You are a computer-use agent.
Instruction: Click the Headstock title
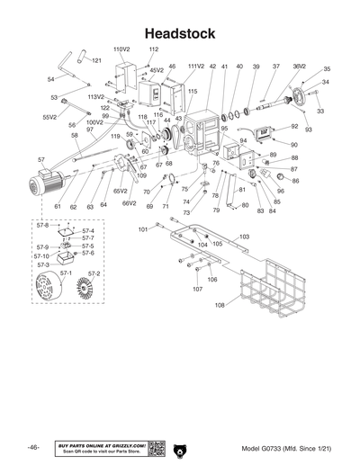click(x=179, y=34)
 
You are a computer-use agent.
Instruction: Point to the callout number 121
click(x=96, y=60)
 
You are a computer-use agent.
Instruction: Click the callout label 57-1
click(x=66, y=273)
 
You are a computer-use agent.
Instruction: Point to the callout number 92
click(x=294, y=127)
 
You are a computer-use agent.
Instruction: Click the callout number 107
click(x=198, y=289)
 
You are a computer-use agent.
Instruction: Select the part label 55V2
click(x=49, y=117)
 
